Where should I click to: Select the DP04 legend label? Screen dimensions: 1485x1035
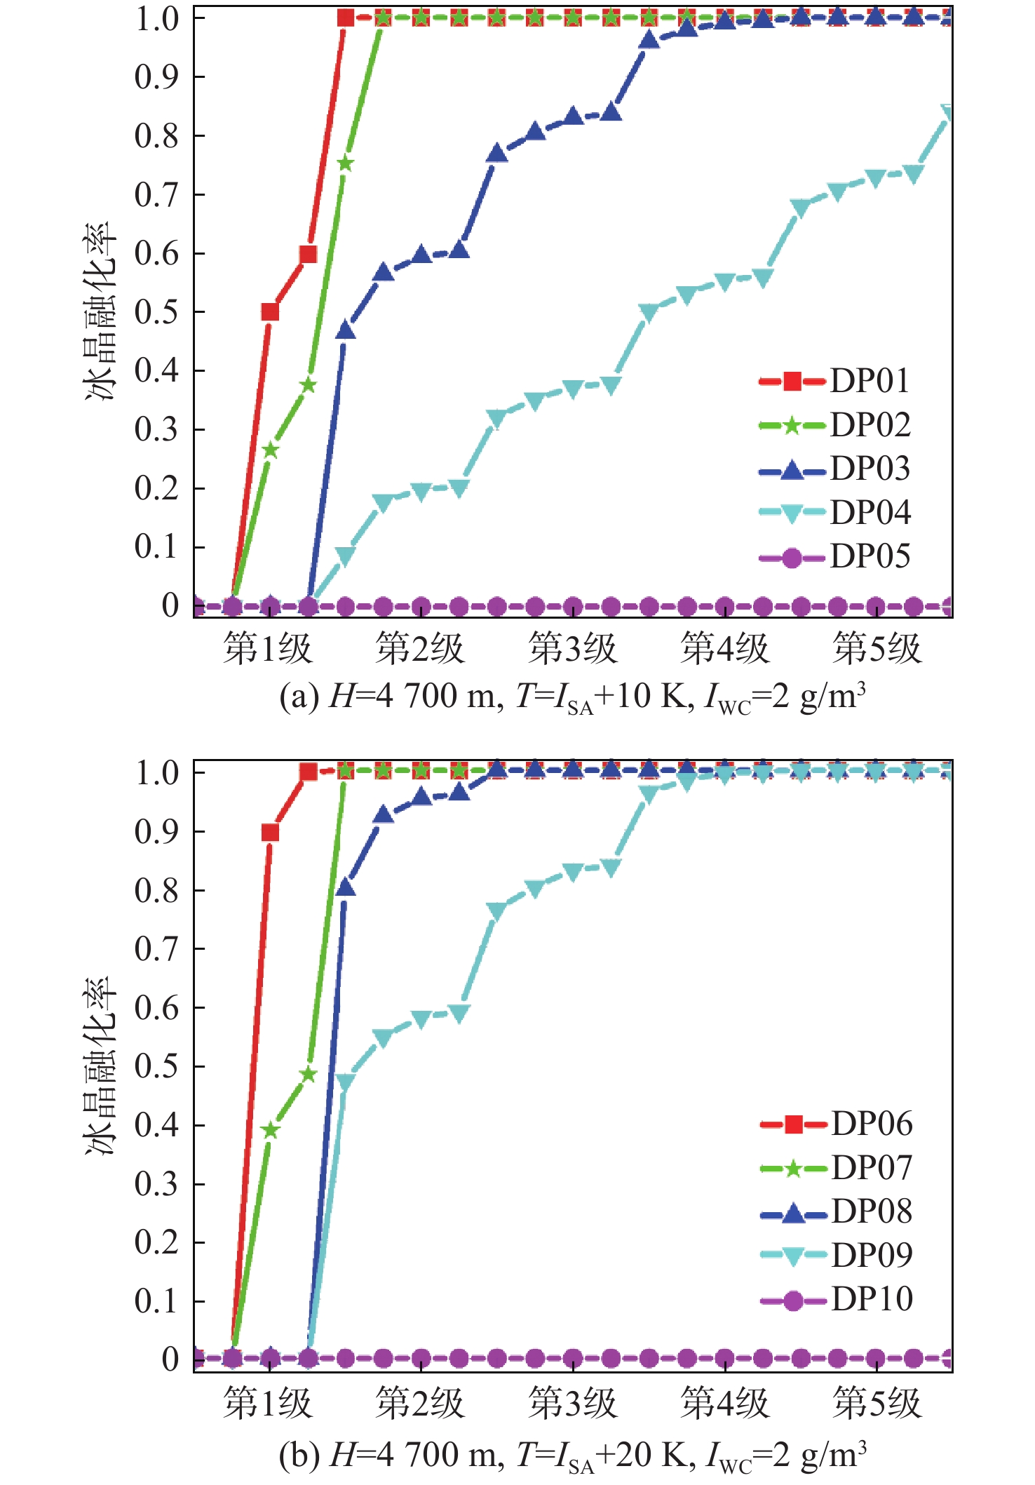(x=870, y=513)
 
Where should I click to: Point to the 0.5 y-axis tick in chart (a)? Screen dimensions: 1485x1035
(x=157, y=312)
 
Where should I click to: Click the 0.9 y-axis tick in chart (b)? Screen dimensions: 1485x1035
(x=157, y=832)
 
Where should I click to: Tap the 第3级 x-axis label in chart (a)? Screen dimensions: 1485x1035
(x=572, y=648)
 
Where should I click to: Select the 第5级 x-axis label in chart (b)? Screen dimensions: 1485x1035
(x=877, y=1404)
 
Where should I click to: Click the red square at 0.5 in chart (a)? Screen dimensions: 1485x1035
(x=270, y=312)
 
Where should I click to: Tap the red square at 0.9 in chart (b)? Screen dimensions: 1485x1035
(x=270, y=833)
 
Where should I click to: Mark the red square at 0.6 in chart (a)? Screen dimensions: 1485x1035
(x=308, y=254)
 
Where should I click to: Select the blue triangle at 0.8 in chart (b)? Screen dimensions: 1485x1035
(x=346, y=888)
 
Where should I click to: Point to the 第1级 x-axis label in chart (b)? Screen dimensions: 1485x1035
(x=267, y=1404)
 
